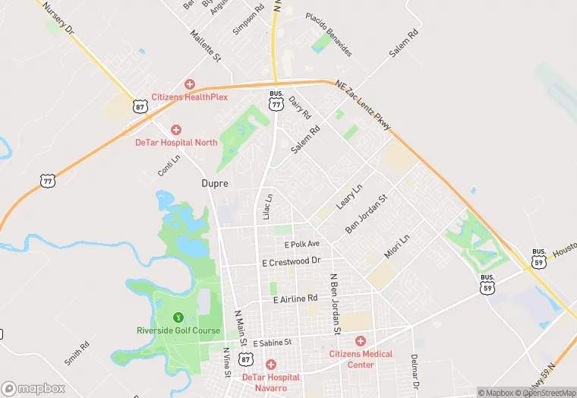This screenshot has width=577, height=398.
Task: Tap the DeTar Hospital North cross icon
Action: (176, 131)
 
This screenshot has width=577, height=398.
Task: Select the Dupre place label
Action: (215, 183)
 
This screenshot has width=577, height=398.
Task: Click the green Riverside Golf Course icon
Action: (178, 317)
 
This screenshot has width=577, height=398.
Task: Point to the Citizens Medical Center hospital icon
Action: (360, 342)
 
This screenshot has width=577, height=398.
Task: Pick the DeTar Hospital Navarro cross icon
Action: (270, 365)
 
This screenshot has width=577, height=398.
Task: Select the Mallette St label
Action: (205, 46)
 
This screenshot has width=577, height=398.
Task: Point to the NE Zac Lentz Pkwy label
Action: (363, 105)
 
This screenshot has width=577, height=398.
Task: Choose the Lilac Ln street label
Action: (267, 207)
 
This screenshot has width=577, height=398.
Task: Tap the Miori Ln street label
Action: (396, 245)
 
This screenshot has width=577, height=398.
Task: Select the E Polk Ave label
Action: (302, 245)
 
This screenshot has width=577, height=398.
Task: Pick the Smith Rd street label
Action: (77, 353)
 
